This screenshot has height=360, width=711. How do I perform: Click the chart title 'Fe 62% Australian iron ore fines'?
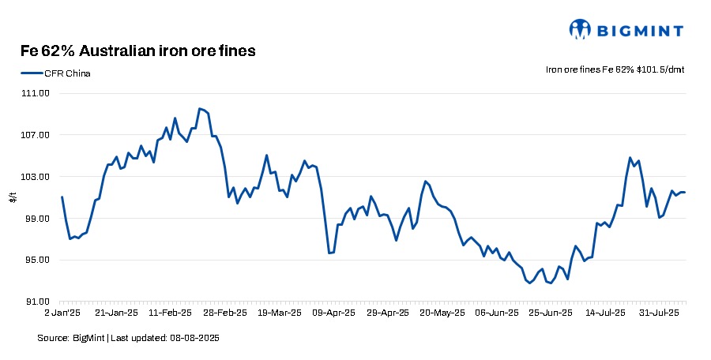137,51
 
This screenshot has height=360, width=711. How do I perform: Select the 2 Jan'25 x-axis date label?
61,313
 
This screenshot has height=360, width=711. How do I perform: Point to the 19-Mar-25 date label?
280,313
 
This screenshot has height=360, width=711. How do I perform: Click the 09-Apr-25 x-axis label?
336,313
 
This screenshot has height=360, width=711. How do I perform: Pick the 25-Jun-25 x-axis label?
550,313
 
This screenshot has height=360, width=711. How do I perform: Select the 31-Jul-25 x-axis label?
660,313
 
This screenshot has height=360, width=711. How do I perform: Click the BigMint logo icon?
581,29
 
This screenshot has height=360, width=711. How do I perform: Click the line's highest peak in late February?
199,108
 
